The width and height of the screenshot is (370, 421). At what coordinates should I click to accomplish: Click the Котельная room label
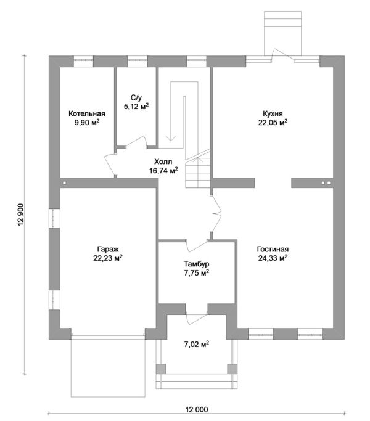pos(87,113)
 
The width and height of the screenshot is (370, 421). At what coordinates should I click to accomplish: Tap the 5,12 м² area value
pos(136,106)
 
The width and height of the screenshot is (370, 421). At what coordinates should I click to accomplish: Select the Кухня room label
pos(273,113)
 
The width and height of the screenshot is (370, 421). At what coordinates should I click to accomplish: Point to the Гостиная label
pos(273,249)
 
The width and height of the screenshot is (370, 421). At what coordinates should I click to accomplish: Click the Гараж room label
pos(108,250)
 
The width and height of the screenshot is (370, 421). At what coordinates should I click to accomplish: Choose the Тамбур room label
pos(197,264)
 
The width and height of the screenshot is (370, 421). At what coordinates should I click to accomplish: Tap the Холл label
pos(163,161)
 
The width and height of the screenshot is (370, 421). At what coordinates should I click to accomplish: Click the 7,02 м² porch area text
pos(197,344)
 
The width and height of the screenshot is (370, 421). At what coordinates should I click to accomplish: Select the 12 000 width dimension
pos(197,410)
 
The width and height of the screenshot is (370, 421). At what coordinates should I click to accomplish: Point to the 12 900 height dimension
pos(22,215)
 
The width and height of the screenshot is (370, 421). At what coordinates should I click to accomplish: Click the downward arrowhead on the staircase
pos(171,137)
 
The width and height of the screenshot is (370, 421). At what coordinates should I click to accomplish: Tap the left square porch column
pos(161,369)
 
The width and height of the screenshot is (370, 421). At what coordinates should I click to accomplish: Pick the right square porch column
pos(232,369)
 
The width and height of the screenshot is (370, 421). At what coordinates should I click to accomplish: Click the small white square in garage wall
pos(65,183)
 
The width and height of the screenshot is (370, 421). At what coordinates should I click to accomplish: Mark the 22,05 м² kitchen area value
pos(273,123)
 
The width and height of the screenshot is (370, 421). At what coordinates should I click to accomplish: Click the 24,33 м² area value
pos(273,258)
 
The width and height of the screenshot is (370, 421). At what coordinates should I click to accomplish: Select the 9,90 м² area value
pos(87,123)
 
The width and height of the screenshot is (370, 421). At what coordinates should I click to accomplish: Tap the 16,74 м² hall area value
pos(163,171)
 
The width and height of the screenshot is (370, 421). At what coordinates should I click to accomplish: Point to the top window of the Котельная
pos(83,60)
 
